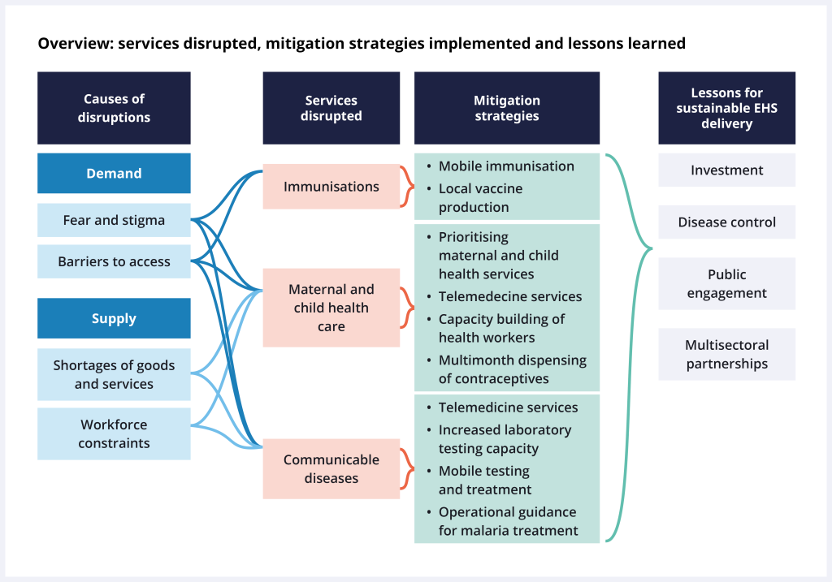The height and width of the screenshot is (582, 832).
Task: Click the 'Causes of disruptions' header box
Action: pos(114,108)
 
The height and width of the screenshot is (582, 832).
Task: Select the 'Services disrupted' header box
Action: pos(331,108)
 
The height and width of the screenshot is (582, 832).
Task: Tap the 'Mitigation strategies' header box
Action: pos(507,108)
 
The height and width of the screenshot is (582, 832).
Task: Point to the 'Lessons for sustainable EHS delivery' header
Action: pos(726,108)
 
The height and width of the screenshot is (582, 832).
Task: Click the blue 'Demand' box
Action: pos(114,173)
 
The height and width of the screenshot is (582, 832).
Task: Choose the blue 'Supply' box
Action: pos(114,318)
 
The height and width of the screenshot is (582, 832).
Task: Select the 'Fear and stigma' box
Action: pos(114,220)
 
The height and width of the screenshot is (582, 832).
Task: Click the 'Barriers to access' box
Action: pos(114,261)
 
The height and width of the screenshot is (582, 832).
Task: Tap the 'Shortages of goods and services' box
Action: pos(114,374)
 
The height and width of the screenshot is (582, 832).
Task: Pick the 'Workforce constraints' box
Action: pos(114,433)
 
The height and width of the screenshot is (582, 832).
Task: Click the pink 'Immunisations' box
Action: pos(331,187)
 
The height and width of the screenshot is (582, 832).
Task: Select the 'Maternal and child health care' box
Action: pos(331,308)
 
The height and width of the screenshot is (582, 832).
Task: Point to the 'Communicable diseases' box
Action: pos(331,468)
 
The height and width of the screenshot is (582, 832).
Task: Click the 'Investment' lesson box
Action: pos(726,170)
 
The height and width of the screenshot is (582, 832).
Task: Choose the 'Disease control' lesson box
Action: pos(726,222)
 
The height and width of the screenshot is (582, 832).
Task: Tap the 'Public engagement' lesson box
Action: pos(726,283)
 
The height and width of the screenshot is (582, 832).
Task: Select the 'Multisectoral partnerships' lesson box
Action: pos(726,355)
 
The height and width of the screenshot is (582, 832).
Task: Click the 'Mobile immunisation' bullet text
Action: pos(506,166)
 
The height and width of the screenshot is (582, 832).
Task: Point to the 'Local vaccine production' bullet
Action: pos(480,197)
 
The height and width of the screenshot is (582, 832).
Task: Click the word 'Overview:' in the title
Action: pos(75,44)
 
